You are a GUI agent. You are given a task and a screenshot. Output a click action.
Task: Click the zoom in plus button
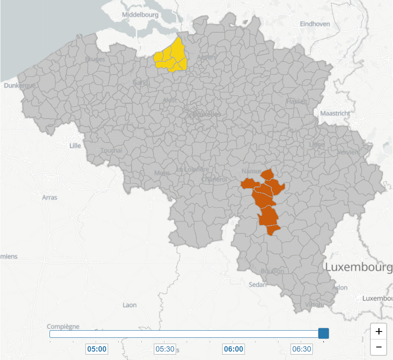coord(379,332)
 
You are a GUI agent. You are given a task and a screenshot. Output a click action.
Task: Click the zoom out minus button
coord(379,347)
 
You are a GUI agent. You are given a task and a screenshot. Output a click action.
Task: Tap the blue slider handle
coord(323,334)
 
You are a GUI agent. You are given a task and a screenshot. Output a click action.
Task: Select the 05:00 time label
coord(97,349)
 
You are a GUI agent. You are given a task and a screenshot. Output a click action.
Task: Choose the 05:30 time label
coord(165,349)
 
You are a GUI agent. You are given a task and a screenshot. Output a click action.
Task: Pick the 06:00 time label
coord(233,349)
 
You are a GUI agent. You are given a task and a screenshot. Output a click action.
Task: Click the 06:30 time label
coord(302,349)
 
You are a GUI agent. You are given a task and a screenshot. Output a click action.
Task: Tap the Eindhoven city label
coord(315,24)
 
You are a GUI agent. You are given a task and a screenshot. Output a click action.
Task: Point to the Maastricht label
coord(335,113)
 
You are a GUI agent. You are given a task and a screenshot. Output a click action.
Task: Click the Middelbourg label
coord(140,15)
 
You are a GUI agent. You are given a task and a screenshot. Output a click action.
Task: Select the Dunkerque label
coord(19,85)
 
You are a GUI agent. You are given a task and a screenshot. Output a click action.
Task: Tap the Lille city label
coord(75,145)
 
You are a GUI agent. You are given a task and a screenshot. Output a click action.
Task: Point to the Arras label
coord(50,197)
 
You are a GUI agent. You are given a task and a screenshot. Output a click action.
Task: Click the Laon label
coord(130,305)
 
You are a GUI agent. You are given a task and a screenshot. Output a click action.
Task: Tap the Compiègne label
coord(63,326)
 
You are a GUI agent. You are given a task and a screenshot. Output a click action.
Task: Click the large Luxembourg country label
coord(359,267)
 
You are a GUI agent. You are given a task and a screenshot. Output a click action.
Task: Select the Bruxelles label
coord(206,114)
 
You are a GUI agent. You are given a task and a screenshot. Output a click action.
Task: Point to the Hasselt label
coord(297,101)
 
